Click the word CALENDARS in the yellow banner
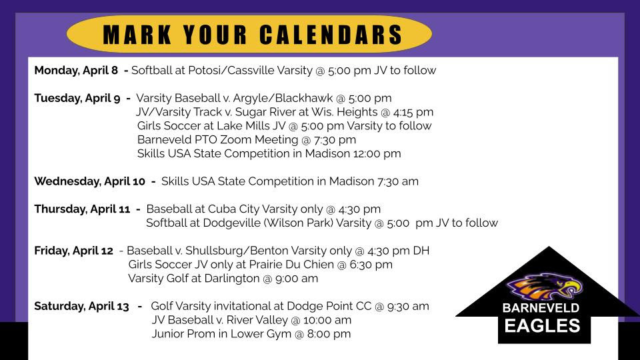(331, 34)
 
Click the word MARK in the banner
(137, 34)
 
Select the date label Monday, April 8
(76, 71)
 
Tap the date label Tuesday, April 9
(77, 99)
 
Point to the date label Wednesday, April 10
(90, 181)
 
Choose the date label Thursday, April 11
(82, 209)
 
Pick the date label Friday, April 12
(73, 251)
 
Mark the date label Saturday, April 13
(81, 307)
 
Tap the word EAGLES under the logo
(542, 326)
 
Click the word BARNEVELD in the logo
(541, 308)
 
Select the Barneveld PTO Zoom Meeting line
(247, 140)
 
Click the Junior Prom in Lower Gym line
(251, 334)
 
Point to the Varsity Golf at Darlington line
(223, 279)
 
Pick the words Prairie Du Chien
(291, 265)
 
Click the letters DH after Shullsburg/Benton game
(421, 251)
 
